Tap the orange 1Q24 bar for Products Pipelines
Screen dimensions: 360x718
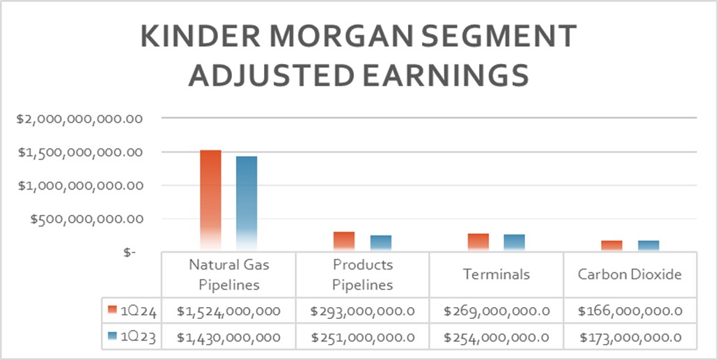coord(344,241)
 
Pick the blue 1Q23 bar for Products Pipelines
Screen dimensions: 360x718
coord(380,243)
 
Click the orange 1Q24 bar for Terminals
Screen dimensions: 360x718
coord(478,242)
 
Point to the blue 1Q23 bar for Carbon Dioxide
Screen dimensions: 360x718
coord(648,246)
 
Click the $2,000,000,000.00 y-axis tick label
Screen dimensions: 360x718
coord(79,119)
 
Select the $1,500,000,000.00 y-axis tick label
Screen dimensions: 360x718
coord(79,152)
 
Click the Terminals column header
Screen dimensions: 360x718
coord(497,274)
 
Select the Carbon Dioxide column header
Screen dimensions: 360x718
coord(630,274)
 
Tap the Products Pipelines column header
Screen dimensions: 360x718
coord(362,274)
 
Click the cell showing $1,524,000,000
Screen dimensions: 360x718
coord(228,311)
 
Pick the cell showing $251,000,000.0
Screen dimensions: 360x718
coord(362,337)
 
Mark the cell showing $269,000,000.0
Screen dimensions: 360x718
coord(497,311)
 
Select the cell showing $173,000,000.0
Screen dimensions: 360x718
coord(630,337)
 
